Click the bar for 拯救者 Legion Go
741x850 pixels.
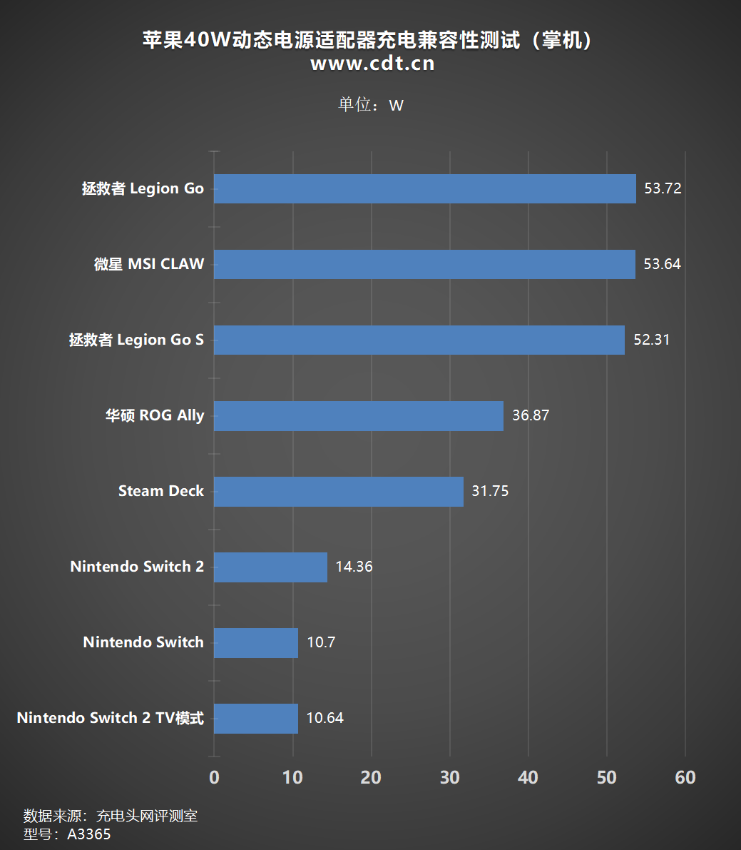click(424, 189)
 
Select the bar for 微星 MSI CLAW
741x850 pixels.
click(424, 264)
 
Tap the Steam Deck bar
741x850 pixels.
click(338, 491)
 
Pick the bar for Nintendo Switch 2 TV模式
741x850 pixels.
click(255, 718)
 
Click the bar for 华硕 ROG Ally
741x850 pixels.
click(358, 415)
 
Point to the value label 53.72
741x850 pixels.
click(663, 189)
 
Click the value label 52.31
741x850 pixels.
click(651, 340)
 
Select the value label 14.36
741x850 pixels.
click(354, 567)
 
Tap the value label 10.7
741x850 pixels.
click(321, 642)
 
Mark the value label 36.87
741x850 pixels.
click(531, 415)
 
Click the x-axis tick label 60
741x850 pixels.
click(685, 778)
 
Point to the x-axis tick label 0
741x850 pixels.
click(214, 778)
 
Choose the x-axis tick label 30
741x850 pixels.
click(449, 778)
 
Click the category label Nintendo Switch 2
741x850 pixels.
click(137, 567)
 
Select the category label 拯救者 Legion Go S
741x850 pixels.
click(136, 340)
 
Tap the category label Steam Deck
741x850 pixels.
click(161, 491)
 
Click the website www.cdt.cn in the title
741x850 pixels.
click(372, 64)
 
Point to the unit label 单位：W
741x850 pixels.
click(370, 105)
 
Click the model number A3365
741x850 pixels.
click(89, 834)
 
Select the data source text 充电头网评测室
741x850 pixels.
click(147, 816)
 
